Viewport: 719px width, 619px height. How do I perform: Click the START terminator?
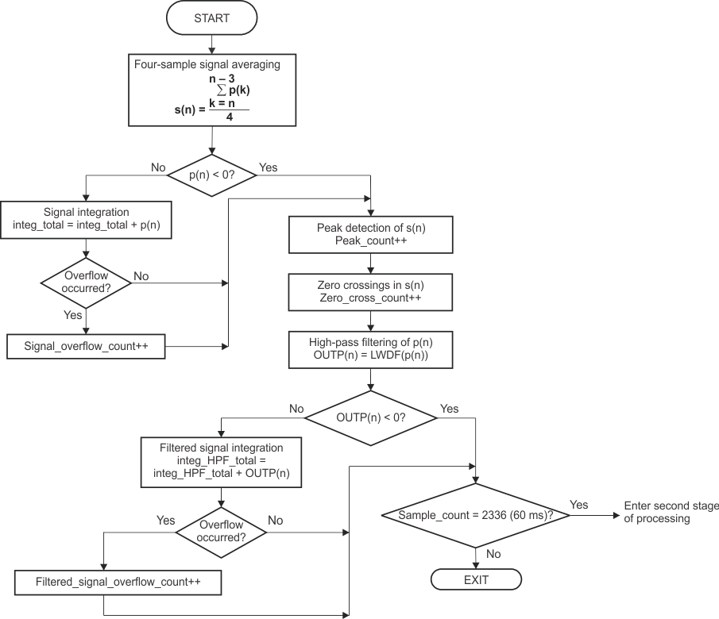212,17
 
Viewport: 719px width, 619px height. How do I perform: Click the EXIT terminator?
476,579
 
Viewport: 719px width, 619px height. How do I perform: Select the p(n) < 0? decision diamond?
212,174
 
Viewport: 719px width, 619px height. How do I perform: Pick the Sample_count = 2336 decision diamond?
475,513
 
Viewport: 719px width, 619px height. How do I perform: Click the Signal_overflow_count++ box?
86,347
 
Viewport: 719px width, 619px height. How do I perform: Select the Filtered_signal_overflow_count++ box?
118,582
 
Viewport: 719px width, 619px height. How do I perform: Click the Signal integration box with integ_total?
86,220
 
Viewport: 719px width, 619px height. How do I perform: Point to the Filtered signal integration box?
221,460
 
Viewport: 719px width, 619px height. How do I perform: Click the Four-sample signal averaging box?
212,89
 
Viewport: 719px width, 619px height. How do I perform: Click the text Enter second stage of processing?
671,512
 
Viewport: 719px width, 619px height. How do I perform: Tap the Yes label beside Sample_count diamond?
579,505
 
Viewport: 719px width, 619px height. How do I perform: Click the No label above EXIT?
493,553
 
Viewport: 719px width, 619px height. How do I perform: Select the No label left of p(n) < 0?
158,167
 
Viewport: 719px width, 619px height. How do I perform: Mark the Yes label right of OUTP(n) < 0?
449,409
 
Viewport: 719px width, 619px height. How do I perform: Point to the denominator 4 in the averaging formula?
230,117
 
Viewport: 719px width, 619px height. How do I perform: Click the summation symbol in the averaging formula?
222,90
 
